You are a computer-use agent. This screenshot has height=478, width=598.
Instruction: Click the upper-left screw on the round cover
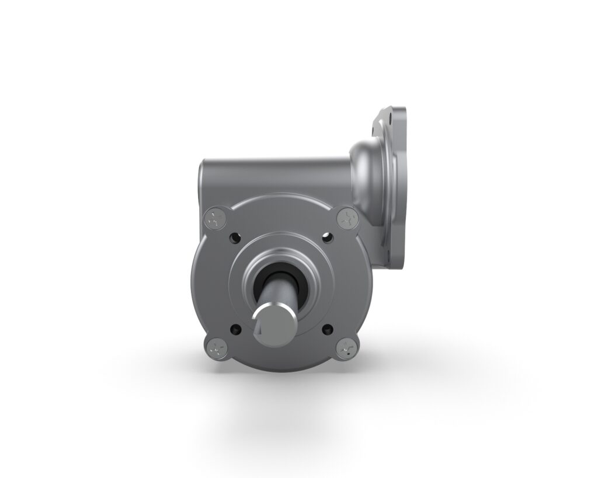tap(213, 220)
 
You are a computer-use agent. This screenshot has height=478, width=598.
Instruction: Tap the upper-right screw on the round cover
tap(346, 219)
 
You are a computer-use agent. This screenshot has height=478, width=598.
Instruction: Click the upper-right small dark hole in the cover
tap(325, 238)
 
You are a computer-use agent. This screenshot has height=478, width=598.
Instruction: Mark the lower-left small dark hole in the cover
tap(235, 328)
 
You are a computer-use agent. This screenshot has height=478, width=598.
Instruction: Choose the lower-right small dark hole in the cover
tap(326, 328)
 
